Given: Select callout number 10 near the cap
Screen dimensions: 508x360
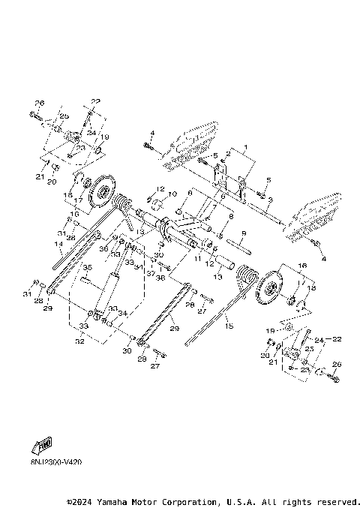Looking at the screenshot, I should [172, 194].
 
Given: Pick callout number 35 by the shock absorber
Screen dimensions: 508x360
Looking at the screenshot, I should [86, 267].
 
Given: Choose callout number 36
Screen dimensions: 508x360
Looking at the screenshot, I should [103, 248].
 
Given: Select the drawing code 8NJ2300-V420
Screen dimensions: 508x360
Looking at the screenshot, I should [56, 462].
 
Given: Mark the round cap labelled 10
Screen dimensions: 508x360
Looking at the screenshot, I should [157, 203].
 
